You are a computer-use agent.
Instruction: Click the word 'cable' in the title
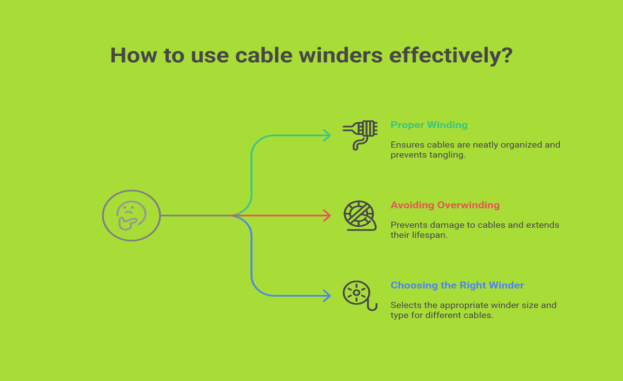coord(264,55)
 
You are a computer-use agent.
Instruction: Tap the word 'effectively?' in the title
coord(451,55)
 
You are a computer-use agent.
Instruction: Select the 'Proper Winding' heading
coord(429,125)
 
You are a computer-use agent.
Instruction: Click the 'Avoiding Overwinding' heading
coord(445,205)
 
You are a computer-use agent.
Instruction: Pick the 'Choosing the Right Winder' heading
coord(458,285)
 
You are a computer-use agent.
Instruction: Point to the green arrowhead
coord(327,135)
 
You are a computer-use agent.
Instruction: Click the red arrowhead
coord(327,215)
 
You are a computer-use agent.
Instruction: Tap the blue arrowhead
coord(327,295)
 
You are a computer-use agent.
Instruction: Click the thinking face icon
coord(131,215)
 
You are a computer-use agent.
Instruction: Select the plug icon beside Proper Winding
coord(360,135)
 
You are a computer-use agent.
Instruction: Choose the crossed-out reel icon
coord(360,215)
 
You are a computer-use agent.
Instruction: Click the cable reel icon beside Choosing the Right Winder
coord(360,295)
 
